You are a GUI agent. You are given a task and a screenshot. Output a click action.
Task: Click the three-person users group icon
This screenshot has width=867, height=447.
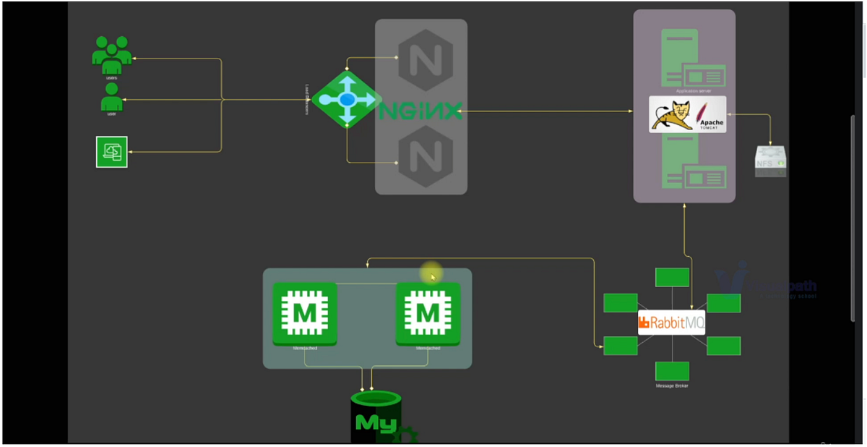click(112, 55)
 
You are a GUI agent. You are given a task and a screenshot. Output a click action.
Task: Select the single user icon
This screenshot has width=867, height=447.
click(111, 97)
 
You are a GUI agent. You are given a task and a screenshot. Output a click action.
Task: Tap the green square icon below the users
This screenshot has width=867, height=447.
click(112, 152)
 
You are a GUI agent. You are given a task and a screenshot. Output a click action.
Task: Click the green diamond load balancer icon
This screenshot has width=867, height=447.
click(347, 100)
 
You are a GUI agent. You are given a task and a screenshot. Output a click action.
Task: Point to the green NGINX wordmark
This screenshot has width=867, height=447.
click(420, 111)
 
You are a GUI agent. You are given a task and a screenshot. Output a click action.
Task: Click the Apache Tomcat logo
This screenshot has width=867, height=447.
click(687, 114)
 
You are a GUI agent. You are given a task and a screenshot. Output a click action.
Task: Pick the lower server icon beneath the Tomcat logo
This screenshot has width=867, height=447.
click(692, 163)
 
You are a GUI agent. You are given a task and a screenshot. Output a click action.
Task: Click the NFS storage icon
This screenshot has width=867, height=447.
click(770, 161)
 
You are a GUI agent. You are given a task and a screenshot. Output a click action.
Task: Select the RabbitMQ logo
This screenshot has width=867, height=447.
click(671, 323)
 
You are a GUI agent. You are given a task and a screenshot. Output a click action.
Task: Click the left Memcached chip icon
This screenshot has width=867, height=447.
click(304, 313)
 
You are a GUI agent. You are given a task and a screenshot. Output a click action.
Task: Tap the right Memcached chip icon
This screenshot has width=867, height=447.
click(428, 314)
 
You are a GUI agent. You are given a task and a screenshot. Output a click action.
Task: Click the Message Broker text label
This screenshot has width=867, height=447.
click(672, 386)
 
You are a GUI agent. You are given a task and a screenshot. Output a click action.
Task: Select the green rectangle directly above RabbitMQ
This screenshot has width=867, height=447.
click(672, 277)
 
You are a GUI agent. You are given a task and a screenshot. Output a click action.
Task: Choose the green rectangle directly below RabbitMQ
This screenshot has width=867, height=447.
click(672, 371)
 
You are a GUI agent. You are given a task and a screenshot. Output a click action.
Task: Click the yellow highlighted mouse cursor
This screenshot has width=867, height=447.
click(431, 275)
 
